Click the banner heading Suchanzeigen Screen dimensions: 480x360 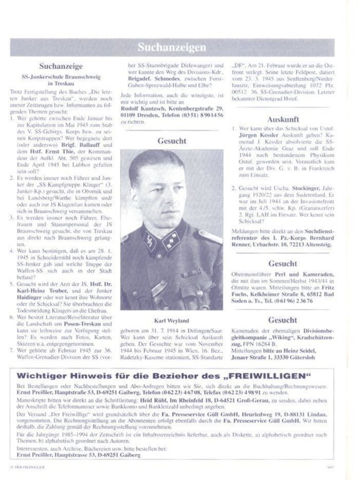coord(172,47)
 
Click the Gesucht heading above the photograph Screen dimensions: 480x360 coord(172,141)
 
